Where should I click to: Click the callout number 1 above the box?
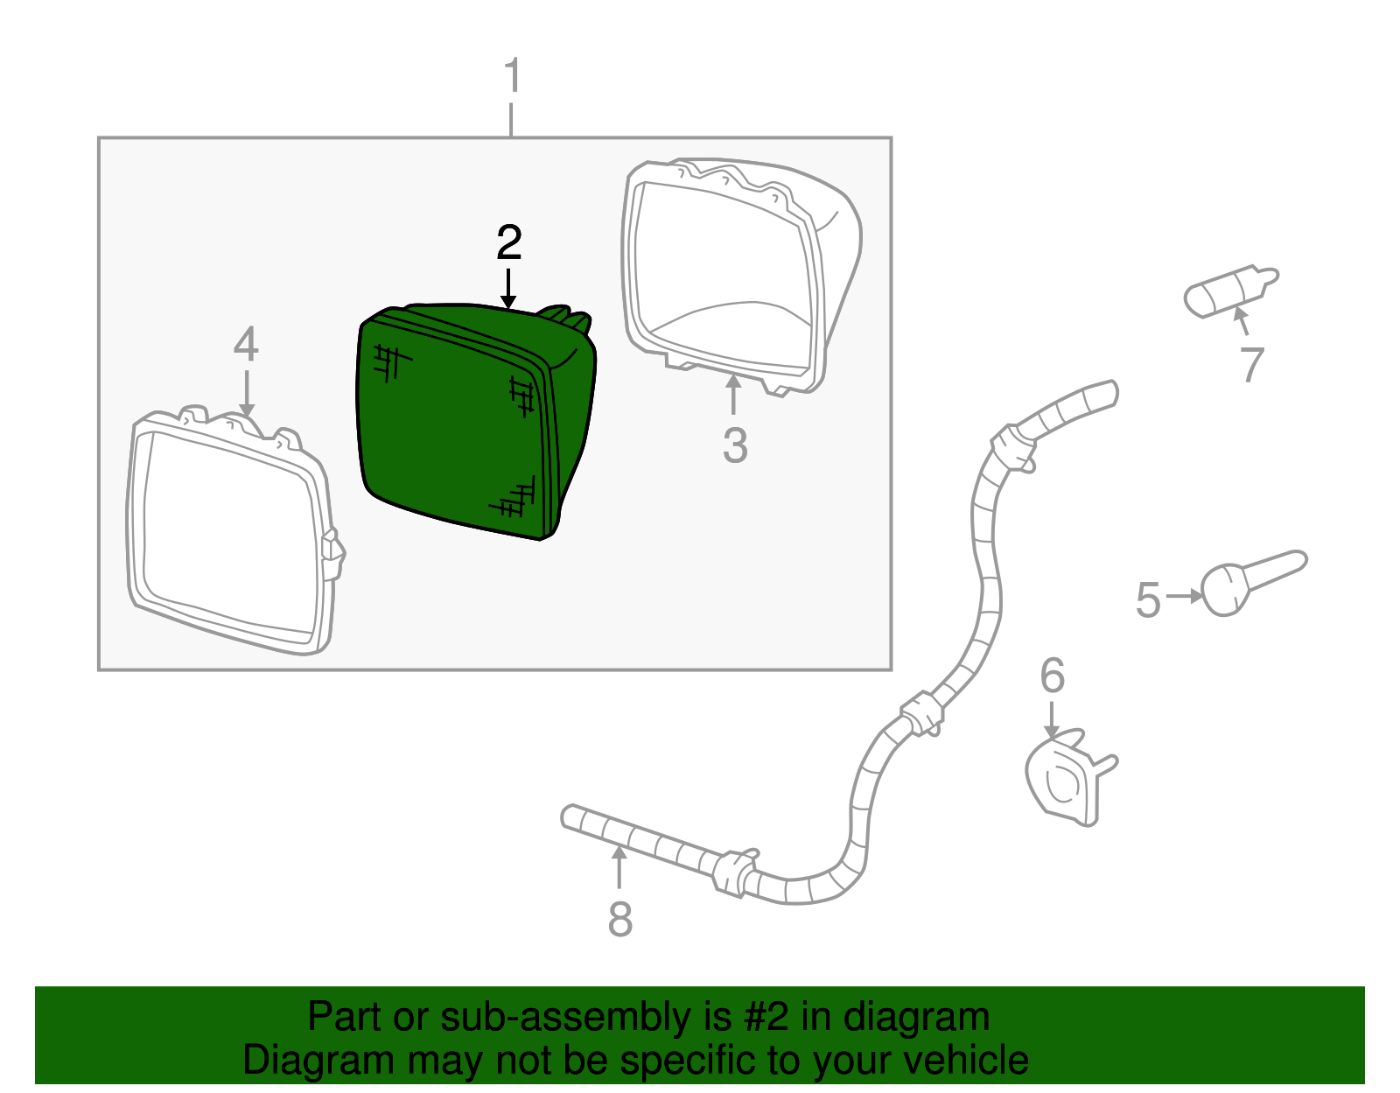pyautogui.click(x=513, y=75)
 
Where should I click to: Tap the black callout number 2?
pyautogui.click(x=509, y=242)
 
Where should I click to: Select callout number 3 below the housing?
pyautogui.click(x=735, y=445)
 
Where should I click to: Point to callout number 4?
pyautogui.click(x=246, y=344)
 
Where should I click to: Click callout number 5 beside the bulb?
pyautogui.click(x=1148, y=599)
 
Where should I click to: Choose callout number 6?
pyautogui.click(x=1053, y=676)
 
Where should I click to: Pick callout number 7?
pyautogui.click(x=1252, y=365)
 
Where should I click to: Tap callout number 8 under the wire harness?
pyautogui.click(x=619, y=920)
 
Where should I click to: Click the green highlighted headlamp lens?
pyautogui.click(x=473, y=422)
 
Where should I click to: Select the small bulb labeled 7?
pyautogui.click(x=1229, y=291)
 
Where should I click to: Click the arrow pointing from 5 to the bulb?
pyautogui.click(x=1184, y=597)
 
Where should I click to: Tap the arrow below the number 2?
pyautogui.click(x=508, y=289)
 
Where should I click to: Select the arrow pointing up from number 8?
pyautogui.click(x=619, y=867)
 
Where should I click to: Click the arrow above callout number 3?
pyautogui.click(x=733, y=394)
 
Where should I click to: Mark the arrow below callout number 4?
pyautogui.click(x=247, y=394)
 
